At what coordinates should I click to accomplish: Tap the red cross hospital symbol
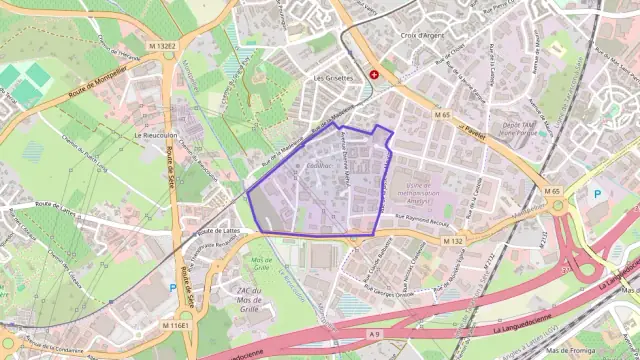point(375,74)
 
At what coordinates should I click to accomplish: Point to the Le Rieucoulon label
point(154,135)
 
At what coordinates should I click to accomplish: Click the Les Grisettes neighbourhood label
point(333,77)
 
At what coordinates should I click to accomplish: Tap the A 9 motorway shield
point(375,334)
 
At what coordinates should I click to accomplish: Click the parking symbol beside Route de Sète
point(172,288)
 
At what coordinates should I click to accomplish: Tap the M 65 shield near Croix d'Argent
point(443,116)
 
